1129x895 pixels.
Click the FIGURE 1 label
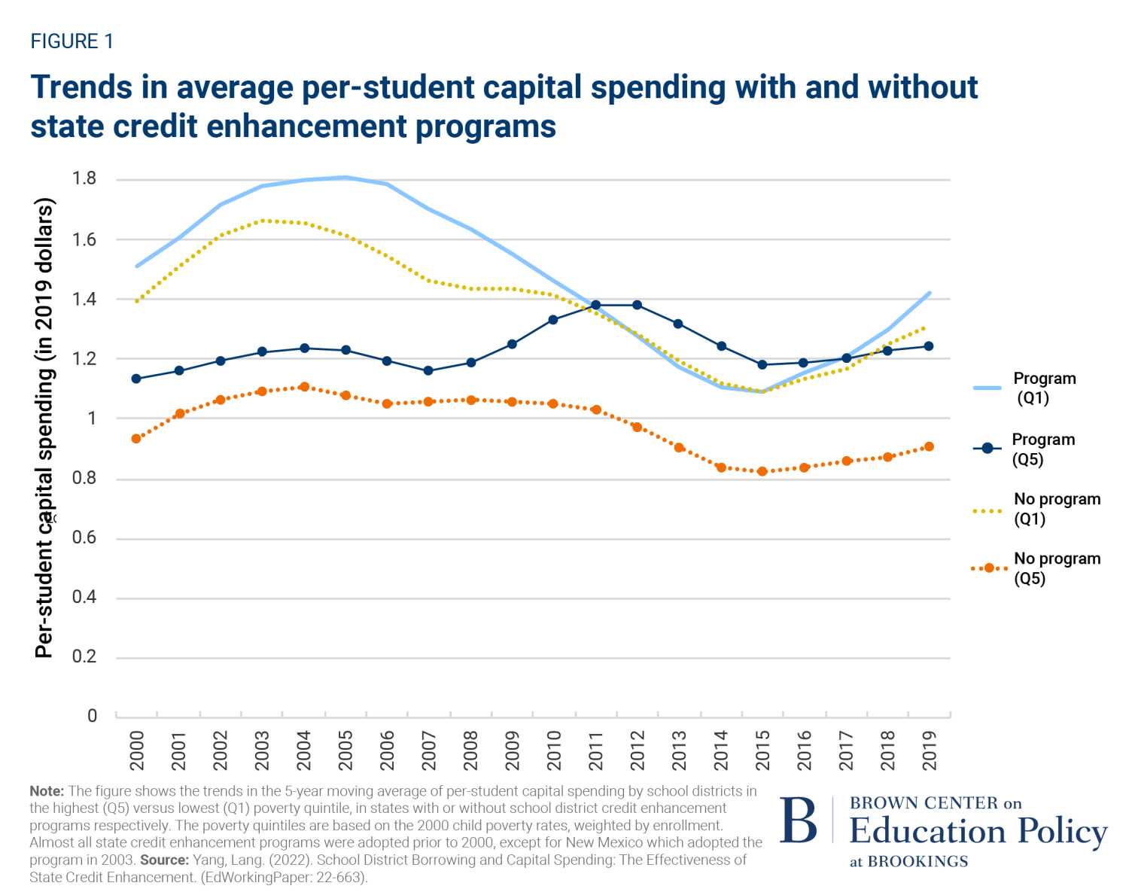tap(72, 41)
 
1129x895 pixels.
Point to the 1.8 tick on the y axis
tap(84, 178)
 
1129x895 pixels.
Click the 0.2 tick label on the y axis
tap(84, 656)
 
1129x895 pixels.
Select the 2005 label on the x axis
tap(345, 750)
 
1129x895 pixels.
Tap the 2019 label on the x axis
tap(929, 750)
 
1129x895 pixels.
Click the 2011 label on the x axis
tap(596, 750)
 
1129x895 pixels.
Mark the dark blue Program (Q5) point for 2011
tap(596, 305)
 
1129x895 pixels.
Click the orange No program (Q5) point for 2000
tap(136, 439)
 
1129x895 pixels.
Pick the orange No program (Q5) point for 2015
tap(762, 471)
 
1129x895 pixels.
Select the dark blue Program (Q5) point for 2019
tap(929, 346)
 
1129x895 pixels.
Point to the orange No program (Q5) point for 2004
tap(304, 387)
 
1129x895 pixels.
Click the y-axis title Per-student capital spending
tap(45, 428)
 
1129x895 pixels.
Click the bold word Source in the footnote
tap(163, 860)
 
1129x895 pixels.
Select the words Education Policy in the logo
tap(978, 831)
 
